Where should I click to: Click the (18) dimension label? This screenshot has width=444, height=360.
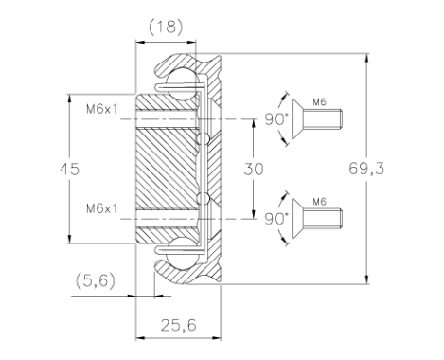click(x=166, y=27)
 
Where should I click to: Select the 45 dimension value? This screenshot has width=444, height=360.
click(x=70, y=170)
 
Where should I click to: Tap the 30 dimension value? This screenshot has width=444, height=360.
click(x=254, y=170)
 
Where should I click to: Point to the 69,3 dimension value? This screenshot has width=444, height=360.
click(x=366, y=169)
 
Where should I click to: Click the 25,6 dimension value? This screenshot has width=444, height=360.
click(x=178, y=325)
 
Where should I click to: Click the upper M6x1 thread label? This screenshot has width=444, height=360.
click(x=101, y=109)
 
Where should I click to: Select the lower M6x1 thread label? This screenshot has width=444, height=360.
click(x=101, y=208)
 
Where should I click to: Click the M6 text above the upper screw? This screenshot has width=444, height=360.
click(x=319, y=102)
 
